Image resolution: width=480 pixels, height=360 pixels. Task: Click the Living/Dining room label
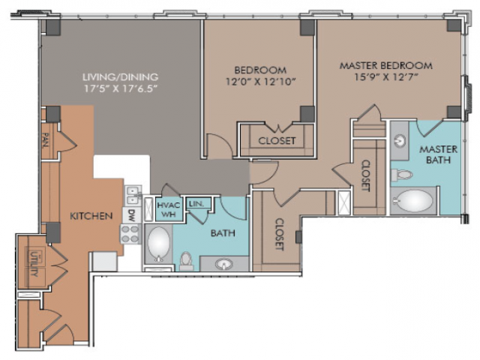point(120,76)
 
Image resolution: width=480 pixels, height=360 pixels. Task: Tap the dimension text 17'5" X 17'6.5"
point(120,88)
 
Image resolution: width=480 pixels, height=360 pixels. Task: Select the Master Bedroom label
point(386,65)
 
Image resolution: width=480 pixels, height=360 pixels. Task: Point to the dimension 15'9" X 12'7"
point(386,76)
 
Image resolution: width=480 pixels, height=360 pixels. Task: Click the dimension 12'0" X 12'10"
point(260,82)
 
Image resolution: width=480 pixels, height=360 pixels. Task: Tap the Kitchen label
point(91,216)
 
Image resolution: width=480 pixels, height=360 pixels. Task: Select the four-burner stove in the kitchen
point(131,234)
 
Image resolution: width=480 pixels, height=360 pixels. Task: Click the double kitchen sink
point(133,195)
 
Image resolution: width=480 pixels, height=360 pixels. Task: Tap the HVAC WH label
point(169,209)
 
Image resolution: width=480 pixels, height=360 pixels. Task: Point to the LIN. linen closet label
point(196,203)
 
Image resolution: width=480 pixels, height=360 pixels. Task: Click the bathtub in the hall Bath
point(158,244)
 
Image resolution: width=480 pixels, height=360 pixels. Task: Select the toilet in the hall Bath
point(186,261)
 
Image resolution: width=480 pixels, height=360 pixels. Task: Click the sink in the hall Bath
point(223,263)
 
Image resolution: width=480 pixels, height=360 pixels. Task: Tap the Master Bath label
point(438,154)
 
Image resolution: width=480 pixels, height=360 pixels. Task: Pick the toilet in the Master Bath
point(402,175)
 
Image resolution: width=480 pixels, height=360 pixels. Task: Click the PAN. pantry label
point(46,140)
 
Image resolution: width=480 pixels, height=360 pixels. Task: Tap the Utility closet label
point(34,263)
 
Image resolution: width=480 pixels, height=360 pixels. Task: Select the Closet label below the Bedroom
point(277,141)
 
